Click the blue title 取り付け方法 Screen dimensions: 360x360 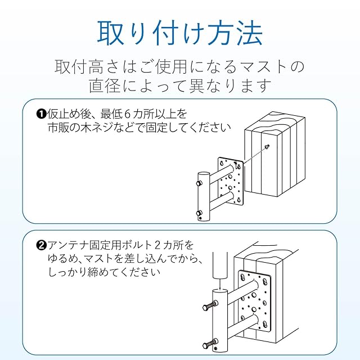[x=179, y=33]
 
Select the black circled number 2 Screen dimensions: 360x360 [x=40, y=245]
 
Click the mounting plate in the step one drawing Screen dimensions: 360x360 [x=230, y=181]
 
